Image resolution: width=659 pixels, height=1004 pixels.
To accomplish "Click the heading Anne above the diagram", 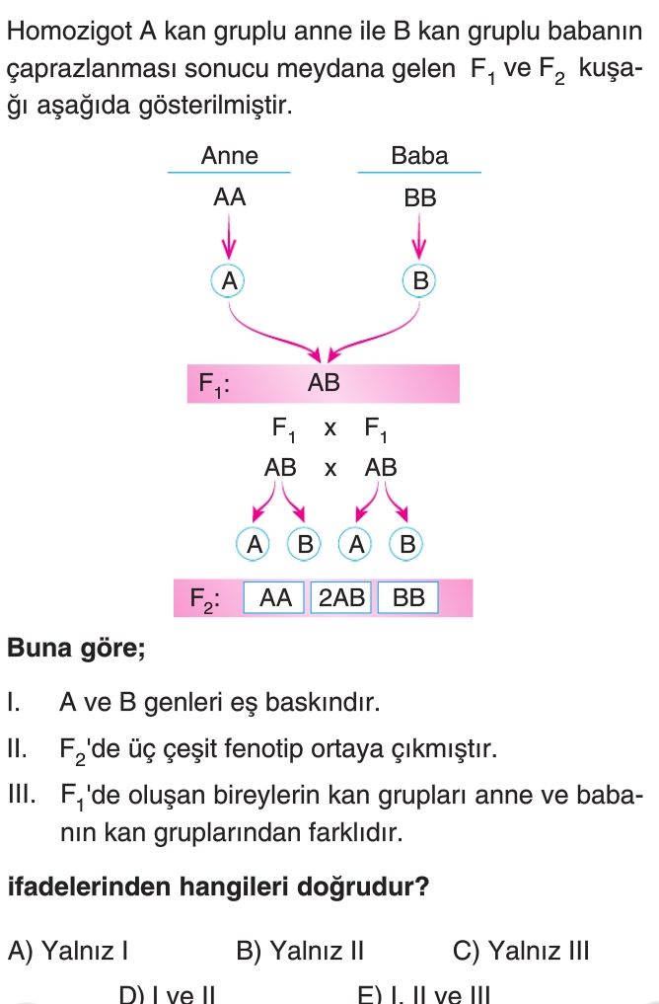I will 229,156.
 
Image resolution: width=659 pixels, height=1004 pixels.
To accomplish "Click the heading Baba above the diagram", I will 419,156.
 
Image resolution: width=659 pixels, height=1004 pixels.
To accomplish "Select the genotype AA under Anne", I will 229,197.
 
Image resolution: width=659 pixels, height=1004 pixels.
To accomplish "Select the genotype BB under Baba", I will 419,197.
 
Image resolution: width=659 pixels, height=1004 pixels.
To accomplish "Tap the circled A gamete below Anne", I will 229,280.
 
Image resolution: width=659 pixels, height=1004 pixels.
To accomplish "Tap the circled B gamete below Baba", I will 420,280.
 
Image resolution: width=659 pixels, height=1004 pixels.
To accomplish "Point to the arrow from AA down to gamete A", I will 229,237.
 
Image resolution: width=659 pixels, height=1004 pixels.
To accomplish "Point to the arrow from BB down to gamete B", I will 420,237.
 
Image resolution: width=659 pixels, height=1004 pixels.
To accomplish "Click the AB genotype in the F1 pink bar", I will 324,384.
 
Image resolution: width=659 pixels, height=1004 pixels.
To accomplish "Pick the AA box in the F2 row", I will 275,598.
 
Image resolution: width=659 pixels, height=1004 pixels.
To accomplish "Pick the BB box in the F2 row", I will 407,598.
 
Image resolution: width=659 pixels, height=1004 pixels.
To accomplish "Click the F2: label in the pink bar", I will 204,599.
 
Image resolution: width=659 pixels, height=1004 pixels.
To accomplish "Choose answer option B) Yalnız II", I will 301,952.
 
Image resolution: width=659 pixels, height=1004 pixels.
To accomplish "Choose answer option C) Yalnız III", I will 521,952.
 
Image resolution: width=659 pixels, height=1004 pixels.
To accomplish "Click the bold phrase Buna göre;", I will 76,651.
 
